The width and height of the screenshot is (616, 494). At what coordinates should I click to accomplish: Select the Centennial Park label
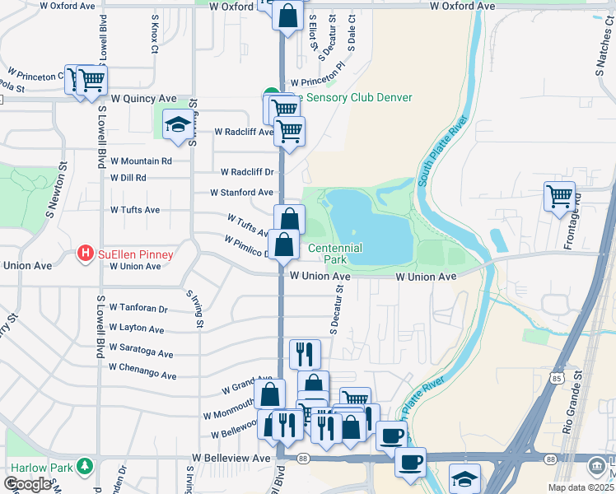[x=334, y=254]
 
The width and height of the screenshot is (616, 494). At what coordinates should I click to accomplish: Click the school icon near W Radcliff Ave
[x=177, y=124]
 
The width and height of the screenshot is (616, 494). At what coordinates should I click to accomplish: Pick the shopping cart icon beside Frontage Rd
[x=559, y=196]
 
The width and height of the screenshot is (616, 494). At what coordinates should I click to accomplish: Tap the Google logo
[x=27, y=483]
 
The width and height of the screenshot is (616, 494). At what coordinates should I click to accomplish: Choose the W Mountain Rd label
[x=141, y=161]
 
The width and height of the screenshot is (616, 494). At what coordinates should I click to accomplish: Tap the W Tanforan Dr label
[x=139, y=310]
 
